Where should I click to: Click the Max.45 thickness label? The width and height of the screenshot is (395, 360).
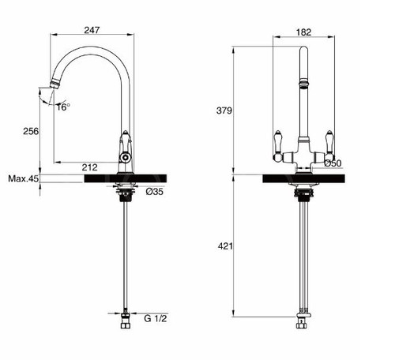22,178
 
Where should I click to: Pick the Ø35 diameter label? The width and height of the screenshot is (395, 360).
155,191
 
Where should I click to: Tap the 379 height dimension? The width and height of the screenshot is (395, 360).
224,111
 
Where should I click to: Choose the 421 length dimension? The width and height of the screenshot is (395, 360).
224,247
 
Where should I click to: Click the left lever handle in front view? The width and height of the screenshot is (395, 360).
277,141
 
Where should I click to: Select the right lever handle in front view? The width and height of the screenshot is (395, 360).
325,142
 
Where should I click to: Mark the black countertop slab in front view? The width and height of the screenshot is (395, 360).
303,178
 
